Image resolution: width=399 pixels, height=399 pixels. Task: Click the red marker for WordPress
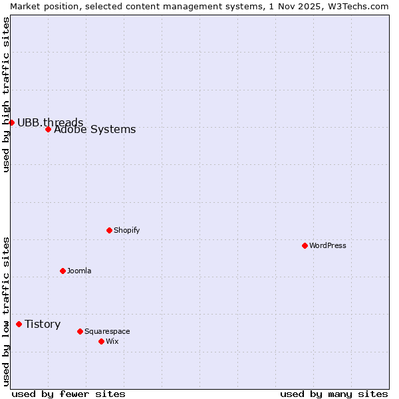point(305,245)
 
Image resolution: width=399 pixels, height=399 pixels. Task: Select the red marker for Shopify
point(109,230)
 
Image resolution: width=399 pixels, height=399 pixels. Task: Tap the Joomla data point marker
point(63,271)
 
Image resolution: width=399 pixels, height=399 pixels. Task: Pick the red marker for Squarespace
point(80,331)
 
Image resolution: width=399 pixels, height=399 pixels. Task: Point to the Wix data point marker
point(101,341)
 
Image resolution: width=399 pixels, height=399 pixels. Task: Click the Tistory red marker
point(19,324)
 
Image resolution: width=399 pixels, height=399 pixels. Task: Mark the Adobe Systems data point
point(48,129)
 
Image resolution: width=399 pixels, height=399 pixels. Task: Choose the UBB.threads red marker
point(11,122)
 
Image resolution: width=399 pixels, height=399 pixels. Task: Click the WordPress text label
point(328,245)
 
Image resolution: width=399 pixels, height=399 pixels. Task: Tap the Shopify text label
point(127,230)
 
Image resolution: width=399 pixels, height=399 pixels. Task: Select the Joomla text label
point(79,271)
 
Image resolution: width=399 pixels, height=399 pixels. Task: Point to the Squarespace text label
point(107,331)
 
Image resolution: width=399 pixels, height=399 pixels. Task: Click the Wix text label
point(112,341)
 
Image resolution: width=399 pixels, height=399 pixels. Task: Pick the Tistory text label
point(43,324)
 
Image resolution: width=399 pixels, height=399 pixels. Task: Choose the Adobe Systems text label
point(94,130)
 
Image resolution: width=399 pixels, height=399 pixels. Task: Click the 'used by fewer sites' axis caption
point(68,394)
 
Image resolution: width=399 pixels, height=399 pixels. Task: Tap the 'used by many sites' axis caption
point(334,394)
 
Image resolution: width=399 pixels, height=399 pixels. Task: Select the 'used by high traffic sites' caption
point(6,94)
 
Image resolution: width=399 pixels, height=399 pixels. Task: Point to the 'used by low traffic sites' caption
point(6,311)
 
